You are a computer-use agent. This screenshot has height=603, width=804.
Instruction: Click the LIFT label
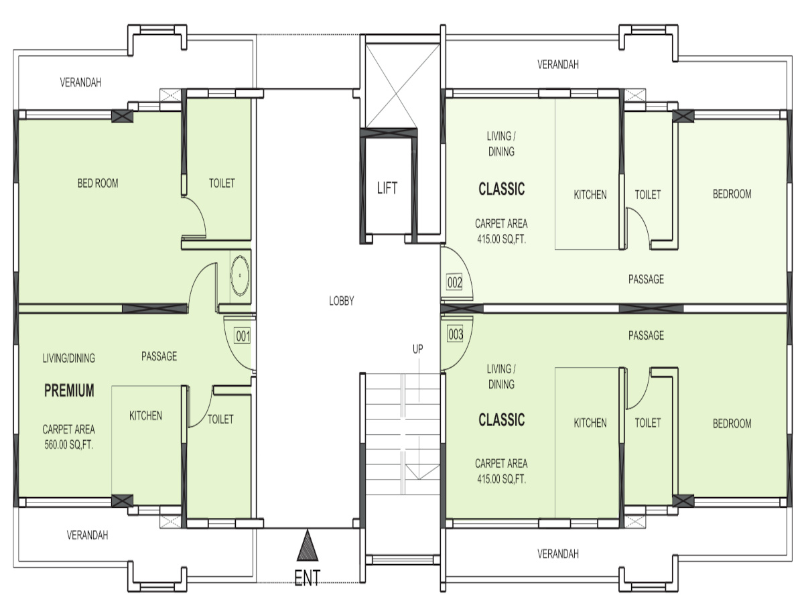[387, 188]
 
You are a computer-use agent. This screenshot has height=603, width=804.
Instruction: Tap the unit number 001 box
[243, 336]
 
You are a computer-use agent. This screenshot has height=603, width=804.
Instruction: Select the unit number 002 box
[454, 282]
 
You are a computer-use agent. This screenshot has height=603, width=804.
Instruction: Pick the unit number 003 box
[455, 334]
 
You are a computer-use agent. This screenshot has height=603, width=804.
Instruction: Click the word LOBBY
[342, 301]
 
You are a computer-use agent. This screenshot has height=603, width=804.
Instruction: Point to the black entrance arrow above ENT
[308, 545]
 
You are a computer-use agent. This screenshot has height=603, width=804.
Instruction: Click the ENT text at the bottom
[308, 578]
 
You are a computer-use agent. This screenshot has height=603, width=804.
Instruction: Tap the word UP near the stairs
[417, 349]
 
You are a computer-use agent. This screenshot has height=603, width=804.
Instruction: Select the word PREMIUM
[69, 391]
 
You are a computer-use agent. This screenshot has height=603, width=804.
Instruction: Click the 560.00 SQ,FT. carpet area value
[69, 445]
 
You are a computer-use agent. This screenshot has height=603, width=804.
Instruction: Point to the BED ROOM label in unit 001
[98, 183]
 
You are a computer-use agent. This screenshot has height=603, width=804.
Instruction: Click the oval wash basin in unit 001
[240, 275]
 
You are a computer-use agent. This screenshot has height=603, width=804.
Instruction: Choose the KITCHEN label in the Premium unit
[145, 415]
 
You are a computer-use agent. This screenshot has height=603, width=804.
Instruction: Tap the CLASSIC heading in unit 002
[501, 189]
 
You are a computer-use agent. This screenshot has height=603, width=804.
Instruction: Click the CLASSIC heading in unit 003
[501, 419]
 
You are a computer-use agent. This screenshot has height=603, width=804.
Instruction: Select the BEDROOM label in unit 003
[732, 423]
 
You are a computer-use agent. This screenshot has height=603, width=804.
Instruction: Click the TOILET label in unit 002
[648, 194]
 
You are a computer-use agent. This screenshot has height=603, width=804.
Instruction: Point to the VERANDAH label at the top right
[558, 64]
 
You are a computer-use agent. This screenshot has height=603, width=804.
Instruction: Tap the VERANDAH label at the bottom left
[87, 535]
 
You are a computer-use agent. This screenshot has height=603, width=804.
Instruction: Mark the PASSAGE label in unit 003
[646, 336]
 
